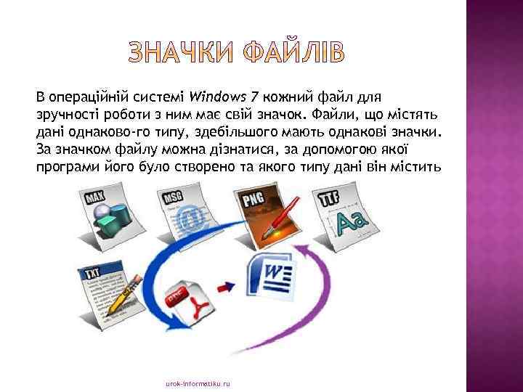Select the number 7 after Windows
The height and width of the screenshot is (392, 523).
pyautogui.click(x=254, y=97)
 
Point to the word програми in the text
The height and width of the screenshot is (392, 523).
pyautogui.click(x=62, y=166)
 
